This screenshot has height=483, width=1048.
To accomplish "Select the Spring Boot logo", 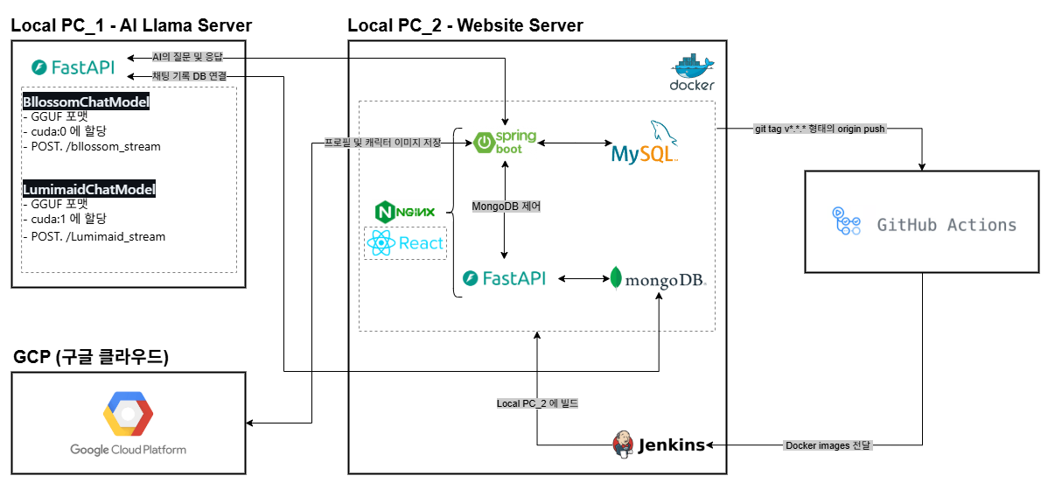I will tap(506, 143).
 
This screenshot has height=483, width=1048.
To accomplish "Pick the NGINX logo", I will tap(404, 212).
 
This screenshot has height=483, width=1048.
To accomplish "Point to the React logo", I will tap(404, 243).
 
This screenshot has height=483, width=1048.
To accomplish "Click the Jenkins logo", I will tap(660, 444).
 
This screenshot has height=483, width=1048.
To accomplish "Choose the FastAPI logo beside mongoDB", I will tap(505, 278).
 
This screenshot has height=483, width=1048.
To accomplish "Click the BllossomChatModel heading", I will tap(86, 103).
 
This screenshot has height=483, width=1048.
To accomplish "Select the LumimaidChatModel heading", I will tap(88, 189).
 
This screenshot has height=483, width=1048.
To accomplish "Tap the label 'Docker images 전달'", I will tap(828, 445).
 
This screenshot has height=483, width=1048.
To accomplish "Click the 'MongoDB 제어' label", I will tap(506, 206).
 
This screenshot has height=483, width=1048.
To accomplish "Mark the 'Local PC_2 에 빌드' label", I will tap(537, 403).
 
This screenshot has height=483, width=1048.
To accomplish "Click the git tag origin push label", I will tap(819, 129).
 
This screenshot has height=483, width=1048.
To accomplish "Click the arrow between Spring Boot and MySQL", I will tap(574, 142).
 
